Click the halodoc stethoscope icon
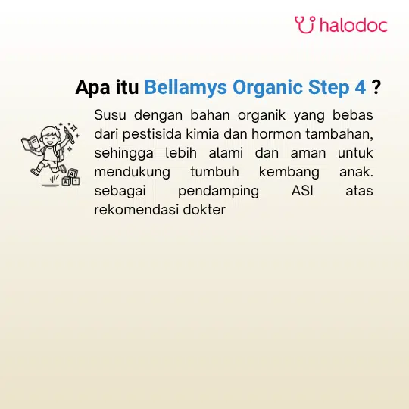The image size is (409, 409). click(305, 25)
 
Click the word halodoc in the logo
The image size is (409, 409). click(354, 25)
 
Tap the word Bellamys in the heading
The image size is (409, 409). click(186, 87)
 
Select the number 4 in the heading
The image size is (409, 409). click(361, 87)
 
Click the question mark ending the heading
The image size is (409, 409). click(376, 87)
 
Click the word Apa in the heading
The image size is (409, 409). click(92, 88)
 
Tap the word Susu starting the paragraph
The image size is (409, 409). click(110, 115)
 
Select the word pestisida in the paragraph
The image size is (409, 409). click(151, 134)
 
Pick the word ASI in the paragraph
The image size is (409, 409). click(302, 191)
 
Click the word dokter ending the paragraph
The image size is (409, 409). click(204, 210)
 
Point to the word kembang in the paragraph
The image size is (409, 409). click(289, 173)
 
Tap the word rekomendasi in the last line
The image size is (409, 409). click(136, 210)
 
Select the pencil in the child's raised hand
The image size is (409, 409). click(69, 134)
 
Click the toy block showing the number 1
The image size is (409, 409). click(76, 181)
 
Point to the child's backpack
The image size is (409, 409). click(60, 152)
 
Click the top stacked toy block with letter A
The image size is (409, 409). click(73, 173)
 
